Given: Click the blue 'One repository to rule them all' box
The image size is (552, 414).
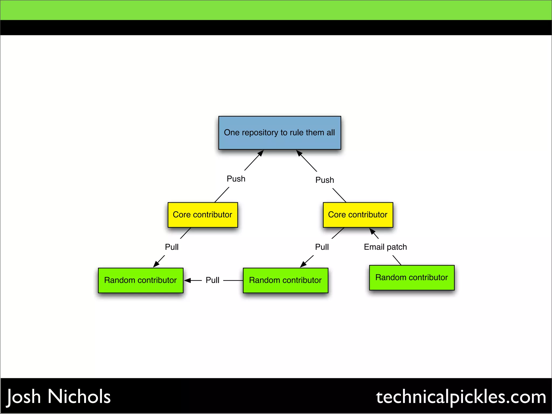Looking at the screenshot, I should tap(280, 133).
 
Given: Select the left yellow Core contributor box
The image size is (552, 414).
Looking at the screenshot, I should tap(203, 215).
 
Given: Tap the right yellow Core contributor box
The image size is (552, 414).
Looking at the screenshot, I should tap(358, 215).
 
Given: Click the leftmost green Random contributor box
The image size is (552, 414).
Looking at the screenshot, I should tap(140, 280).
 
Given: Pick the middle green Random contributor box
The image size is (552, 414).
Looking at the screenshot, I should tap(285, 280).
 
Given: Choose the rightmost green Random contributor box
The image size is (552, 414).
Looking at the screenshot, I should tap(412, 278).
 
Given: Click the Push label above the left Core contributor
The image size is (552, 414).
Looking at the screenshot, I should tap(236, 179).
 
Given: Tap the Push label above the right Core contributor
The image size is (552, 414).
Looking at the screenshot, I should tap(325, 180).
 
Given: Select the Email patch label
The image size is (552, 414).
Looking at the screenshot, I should tap(385, 247).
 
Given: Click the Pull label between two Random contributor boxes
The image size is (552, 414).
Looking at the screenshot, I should tap(212, 280).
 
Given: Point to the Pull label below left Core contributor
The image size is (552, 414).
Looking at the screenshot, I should tap(172, 247).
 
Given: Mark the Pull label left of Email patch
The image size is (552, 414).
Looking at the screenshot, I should tap(322, 247).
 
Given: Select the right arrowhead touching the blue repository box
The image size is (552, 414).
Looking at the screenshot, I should tap(299, 153).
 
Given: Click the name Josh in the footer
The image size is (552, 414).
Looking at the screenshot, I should tap(24, 397).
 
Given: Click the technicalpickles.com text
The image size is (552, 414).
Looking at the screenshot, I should tap(461, 397).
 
